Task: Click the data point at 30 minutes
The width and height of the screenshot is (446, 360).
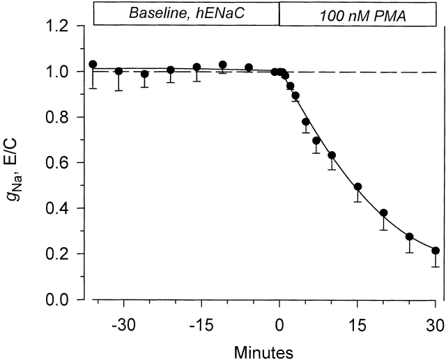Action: [436, 251]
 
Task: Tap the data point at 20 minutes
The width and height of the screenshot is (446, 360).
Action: [383, 213]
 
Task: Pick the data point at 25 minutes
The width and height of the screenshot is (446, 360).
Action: [410, 237]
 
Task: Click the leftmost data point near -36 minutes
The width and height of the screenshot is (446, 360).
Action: [93, 64]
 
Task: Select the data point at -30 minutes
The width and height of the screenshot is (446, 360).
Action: [118, 71]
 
